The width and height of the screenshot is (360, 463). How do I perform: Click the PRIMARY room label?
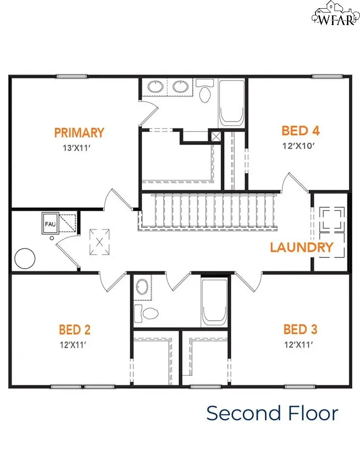click(x=79, y=132)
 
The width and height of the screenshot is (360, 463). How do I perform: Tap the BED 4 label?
click(x=301, y=131)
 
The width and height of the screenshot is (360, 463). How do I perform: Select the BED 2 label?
click(x=75, y=330)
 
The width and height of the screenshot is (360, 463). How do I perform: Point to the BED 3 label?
click(x=300, y=330)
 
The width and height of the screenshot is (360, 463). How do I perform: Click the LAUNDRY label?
click(x=302, y=248)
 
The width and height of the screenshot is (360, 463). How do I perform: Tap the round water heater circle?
click(x=25, y=259)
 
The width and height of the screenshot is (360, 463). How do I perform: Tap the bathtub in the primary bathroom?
click(x=232, y=103)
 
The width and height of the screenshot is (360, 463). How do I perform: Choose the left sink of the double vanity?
click(x=155, y=87)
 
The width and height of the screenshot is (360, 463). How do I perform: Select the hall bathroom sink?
click(x=142, y=287)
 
